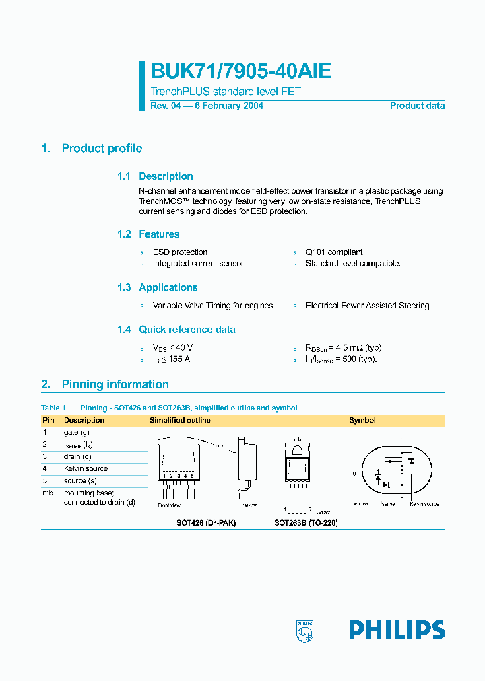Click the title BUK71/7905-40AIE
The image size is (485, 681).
[240, 73]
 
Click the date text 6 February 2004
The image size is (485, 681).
[229, 106]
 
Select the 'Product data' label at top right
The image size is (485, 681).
[417, 106]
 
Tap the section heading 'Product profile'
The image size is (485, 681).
[102, 149]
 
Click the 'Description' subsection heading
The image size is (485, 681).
[166, 176]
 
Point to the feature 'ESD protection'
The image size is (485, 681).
[180, 252]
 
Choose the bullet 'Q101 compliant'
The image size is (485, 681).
[334, 252]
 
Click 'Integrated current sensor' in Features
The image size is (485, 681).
[198, 264]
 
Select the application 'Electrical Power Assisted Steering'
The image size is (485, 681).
[368, 306]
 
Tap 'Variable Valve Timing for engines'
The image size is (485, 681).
[213, 306]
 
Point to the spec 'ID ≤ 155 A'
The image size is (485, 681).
[171, 359]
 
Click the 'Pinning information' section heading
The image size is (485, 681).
[115, 384]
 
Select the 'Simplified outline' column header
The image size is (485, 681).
[180, 420]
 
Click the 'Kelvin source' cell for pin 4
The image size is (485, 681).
[86, 468]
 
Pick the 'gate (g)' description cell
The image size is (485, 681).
[77, 432]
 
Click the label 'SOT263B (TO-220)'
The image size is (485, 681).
[306, 522]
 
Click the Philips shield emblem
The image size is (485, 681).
[305, 631]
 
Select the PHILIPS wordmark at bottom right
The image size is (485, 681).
[397, 631]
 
